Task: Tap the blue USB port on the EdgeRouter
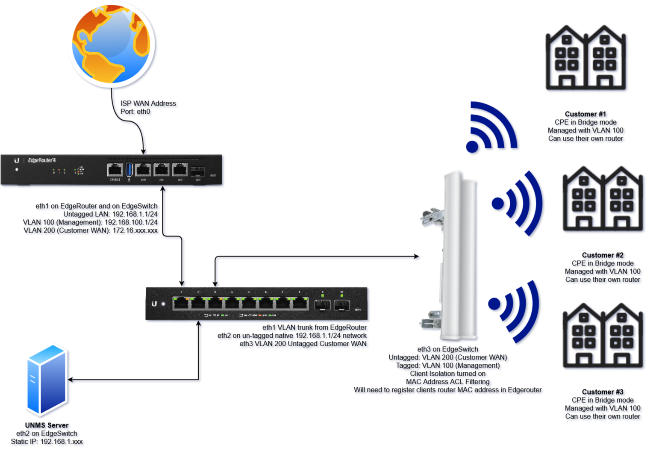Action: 129,169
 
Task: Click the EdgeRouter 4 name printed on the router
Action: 42,160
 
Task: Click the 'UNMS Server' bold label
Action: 47,425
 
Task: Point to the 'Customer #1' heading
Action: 585,114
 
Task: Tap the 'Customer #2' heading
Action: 602,255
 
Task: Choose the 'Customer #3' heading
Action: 602,392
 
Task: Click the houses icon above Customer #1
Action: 585,58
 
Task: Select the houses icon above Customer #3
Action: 603,336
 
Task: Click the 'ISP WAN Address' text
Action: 148,103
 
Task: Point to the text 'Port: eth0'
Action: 135,112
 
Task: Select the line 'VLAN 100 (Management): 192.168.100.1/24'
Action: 90,222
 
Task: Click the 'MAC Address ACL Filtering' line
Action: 447,382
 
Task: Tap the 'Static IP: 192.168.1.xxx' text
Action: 47,442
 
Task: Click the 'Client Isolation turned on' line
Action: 447,374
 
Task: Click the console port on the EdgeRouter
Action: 115,170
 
